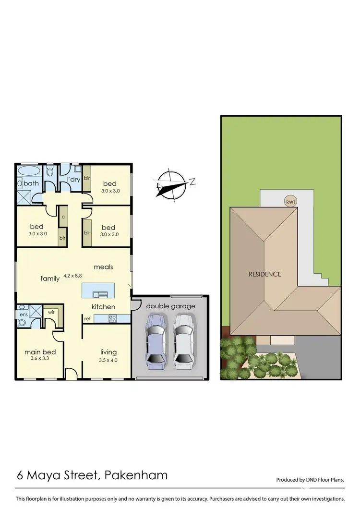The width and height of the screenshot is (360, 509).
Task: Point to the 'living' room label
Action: tap(108, 352)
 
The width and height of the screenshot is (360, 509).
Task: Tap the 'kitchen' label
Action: tap(103, 307)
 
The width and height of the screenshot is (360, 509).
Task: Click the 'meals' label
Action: tap(103, 267)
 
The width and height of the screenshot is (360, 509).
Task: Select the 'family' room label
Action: tap(50, 278)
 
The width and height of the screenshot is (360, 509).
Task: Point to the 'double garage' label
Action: tap(170, 306)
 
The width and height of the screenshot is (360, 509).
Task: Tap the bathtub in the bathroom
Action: tap(30, 171)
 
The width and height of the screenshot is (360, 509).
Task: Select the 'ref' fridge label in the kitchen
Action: tap(87, 318)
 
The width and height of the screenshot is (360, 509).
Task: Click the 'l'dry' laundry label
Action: tap(73, 180)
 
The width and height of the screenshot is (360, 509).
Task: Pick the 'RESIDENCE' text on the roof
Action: tap(264, 274)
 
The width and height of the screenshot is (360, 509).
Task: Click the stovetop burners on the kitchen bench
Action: tap(113, 317)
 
